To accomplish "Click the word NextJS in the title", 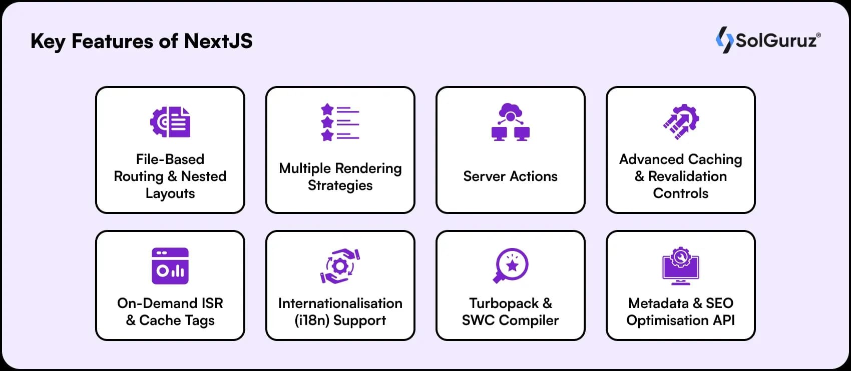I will click(218, 41).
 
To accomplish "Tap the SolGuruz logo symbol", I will click(724, 40).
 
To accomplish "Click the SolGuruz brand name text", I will click(776, 40).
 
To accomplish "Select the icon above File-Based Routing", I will click(170, 122).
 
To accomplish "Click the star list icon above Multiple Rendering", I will click(340, 122).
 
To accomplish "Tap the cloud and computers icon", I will click(510, 122).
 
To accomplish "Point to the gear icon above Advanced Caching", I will click(681, 121).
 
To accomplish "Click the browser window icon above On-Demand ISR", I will click(170, 266).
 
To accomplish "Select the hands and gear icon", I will click(340, 266).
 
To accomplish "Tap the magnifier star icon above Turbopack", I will click(510, 265).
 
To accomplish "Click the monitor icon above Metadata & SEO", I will click(681, 266).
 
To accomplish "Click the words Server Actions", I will click(510, 176).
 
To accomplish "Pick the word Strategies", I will click(340, 185).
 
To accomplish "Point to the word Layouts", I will click(170, 193).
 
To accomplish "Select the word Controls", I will click(681, 193).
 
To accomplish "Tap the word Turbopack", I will click(504, 303).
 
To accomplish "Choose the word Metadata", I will click(658, 303).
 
